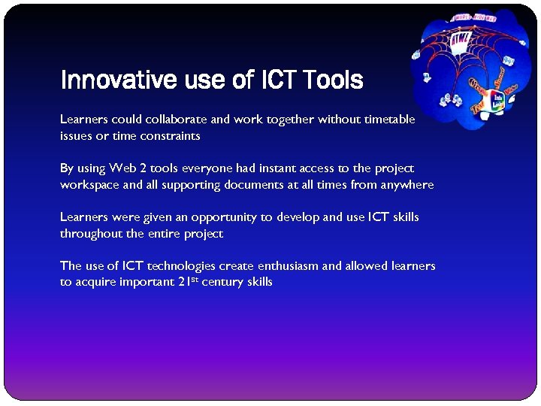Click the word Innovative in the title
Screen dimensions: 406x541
(118, 80)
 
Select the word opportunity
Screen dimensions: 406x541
(224, 217)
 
